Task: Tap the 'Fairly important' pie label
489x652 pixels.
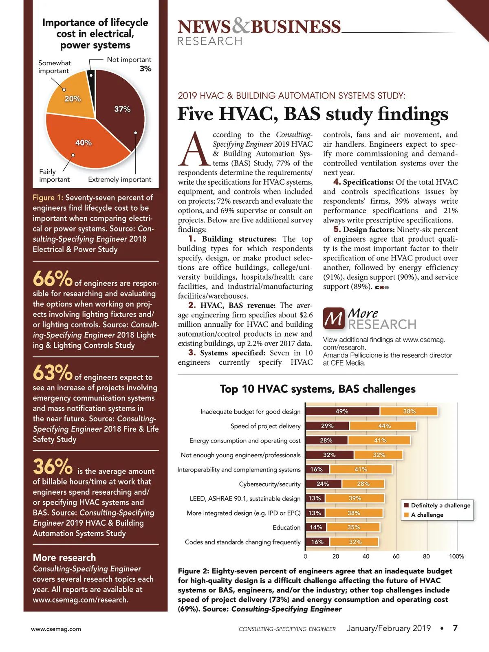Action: coord(54,176)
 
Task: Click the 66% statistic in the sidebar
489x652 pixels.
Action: coord(52,279)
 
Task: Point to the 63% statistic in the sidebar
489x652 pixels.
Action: coord(52,373)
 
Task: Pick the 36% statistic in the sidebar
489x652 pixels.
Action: coord(52,467)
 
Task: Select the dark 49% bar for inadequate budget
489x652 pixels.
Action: coord(342,412)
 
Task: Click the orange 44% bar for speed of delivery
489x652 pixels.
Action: coord(383,426)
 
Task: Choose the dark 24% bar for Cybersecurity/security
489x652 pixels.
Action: coord(323,484)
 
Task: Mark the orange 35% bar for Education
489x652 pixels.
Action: coord(353,527)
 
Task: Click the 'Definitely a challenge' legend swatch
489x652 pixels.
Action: coord(406,505)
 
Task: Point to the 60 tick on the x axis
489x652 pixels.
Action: coord(396,556)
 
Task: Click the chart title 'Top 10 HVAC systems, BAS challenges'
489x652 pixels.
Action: coord(317,389)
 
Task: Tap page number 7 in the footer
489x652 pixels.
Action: coord(455,628)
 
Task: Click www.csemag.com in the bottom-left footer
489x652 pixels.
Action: coord(56,629)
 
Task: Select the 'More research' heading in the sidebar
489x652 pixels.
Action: coord(64,557)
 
